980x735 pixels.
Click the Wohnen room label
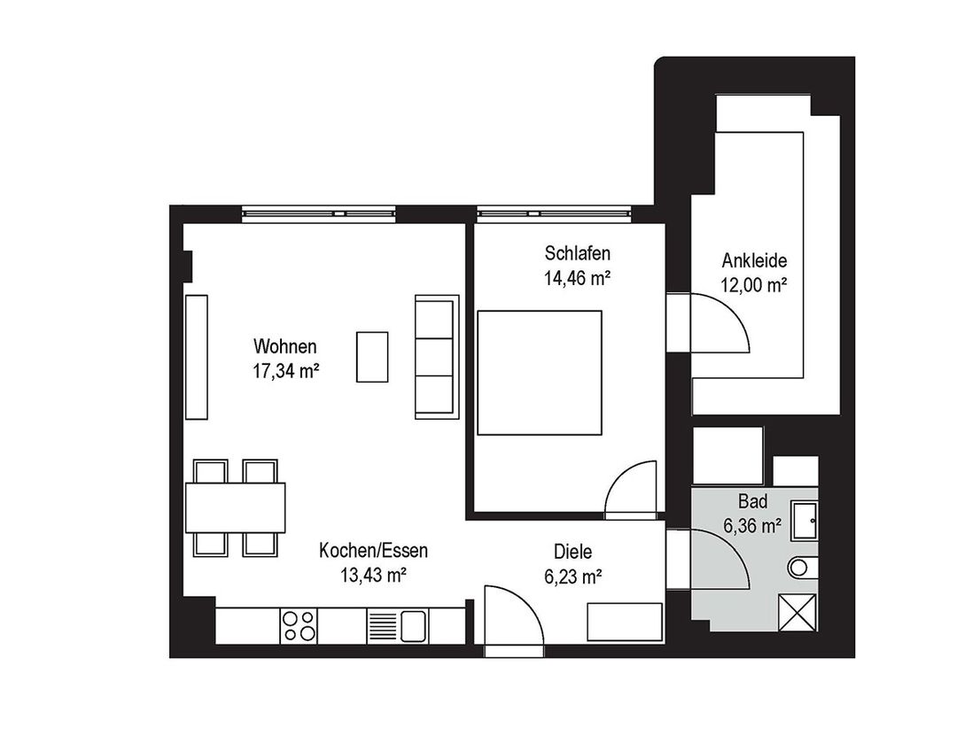click(285, 346)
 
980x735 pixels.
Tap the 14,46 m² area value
click(577, 278)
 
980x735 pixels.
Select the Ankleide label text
click(754, 260)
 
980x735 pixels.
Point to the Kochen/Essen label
click(373, 550)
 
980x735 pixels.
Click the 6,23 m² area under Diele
click(573, 576)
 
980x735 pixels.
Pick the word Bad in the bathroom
click(752, 501)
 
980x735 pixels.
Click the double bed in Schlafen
click(540, 373)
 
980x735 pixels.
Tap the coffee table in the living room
click(372, 357)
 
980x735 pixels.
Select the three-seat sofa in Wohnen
click(436, 357)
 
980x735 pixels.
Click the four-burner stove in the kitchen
click(299, 626)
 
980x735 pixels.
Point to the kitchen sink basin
click(413, 626)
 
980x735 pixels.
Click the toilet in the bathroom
click(803, 567)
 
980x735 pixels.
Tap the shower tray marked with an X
click(797, 613)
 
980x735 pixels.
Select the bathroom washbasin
click(804, 520)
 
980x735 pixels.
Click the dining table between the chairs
click(235, 507)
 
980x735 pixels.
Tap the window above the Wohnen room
click(319, 213)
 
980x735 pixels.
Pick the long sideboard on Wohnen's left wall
click(196, 357)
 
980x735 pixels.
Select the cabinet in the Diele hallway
click(625, 622)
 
